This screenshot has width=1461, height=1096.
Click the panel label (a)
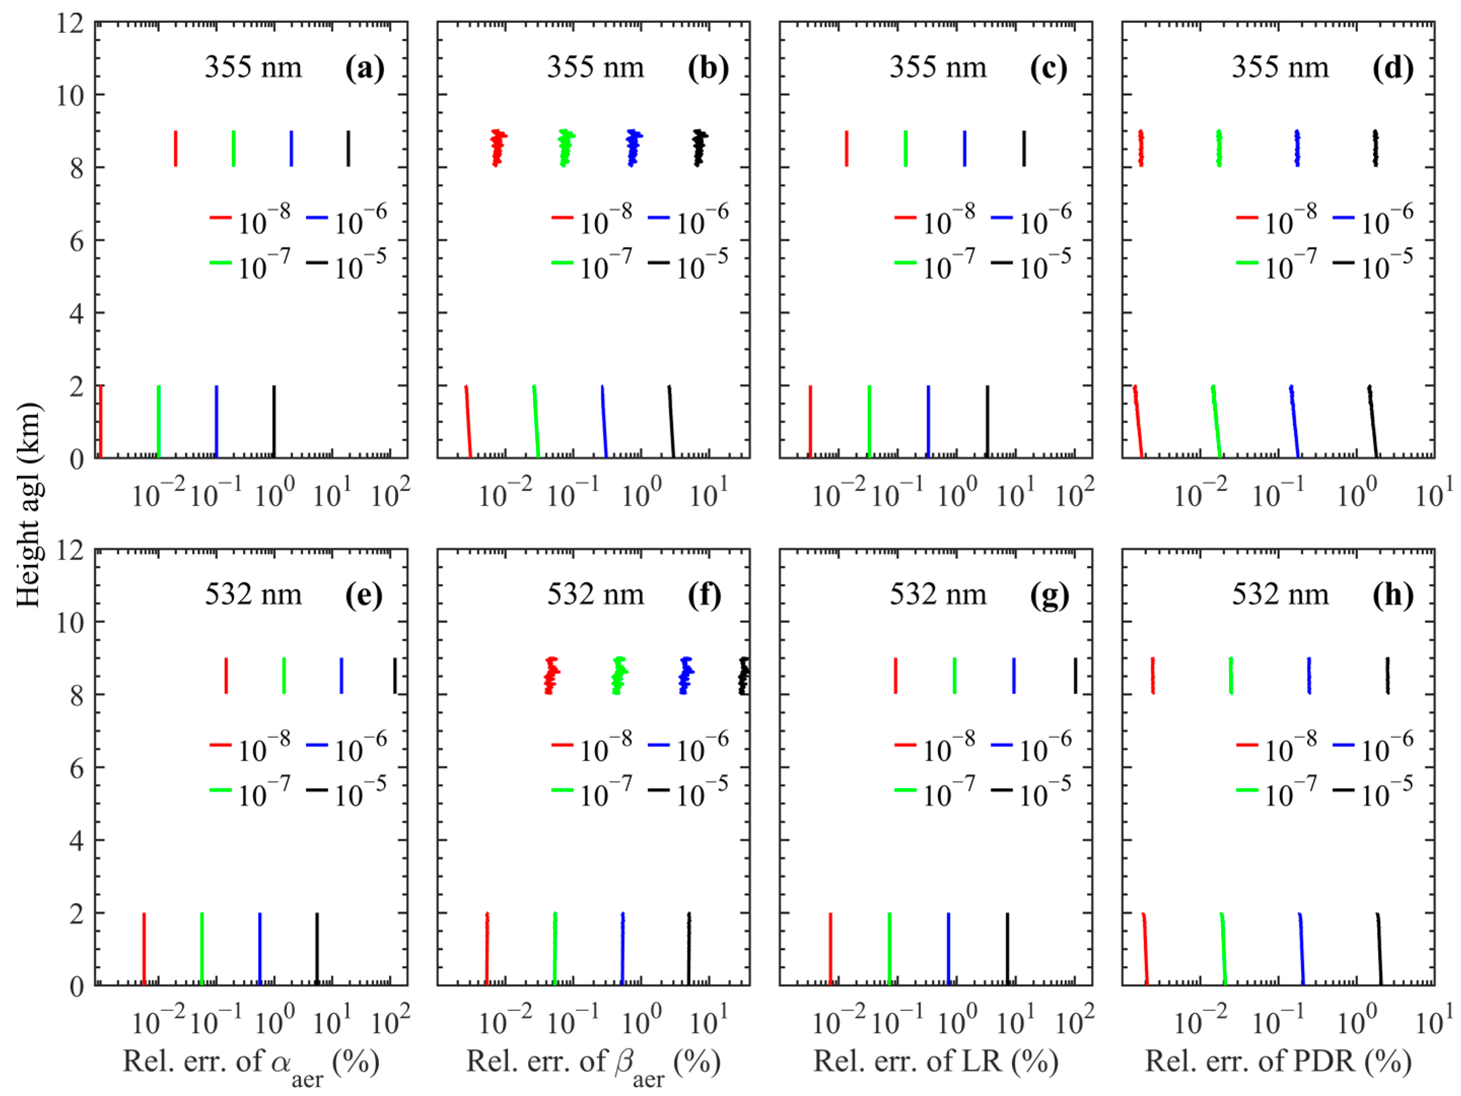pyautogui.click(x=365, y=68)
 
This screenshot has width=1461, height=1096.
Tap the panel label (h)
pyautogui.click(x=1393, y=595)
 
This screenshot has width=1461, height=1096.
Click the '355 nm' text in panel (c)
pyautogui.click(x=937, y=68)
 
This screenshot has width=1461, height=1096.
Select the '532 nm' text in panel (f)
pyautogui.click(x=595, y=595)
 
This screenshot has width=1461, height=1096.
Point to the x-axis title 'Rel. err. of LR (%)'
pyautogui.click(x=935, y=1061)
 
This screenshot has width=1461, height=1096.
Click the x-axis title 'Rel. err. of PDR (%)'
pyautogui.click(x=1278, y=1061)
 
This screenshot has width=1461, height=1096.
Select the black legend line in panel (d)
pyautogui.click(x=1343, y=262)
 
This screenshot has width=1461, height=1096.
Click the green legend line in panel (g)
pyautogui.click(x=906, y=790)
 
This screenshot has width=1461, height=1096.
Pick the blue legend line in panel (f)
pyautogui.click(x=659, y=745)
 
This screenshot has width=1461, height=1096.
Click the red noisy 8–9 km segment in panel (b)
pyautogui.click(x=497, y=148)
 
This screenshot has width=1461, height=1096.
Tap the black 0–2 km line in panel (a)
pyautogui.click(x=274, y=421)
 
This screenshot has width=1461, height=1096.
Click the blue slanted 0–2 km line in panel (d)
pyautogui.click(x=1295, y=421)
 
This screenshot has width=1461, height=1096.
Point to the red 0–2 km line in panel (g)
pyautogui.click(x=830, y=949)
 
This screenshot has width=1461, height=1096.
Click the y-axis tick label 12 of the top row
pyautogui.click(x=69, y=24)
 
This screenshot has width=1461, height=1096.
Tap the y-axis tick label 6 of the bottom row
pyautogui.click(x=77, y=768)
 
